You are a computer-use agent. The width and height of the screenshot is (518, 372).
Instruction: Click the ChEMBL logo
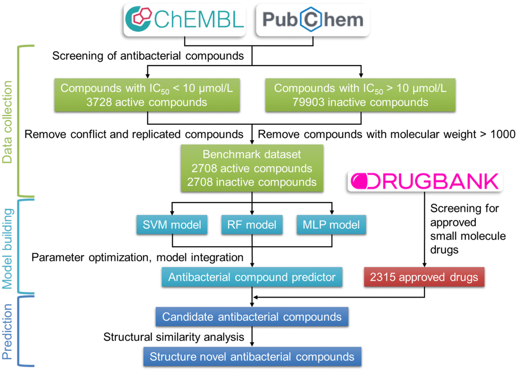point(185,19)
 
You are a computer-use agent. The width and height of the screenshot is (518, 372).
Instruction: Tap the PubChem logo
point(313,19)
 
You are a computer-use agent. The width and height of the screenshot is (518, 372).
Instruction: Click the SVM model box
point(172,224)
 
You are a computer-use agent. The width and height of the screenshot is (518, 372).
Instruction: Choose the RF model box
point(252,224)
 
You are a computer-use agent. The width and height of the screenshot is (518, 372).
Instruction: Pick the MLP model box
point(331,224)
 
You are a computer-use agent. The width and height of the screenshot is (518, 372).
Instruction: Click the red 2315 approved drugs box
point(424,278)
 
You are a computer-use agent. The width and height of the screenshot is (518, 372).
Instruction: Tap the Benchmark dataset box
point(252,168)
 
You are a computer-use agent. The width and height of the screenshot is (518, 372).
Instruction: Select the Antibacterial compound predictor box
point(252,278)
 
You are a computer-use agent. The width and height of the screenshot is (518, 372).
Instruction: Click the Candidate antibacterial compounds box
point(252,317)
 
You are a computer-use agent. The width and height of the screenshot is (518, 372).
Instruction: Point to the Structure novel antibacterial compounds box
point(252,356)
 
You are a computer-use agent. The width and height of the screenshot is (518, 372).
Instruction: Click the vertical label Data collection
point(8,121)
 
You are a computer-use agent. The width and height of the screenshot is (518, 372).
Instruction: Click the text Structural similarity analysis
point(174,337)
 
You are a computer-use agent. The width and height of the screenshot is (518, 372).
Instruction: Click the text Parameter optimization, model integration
point(137,257)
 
